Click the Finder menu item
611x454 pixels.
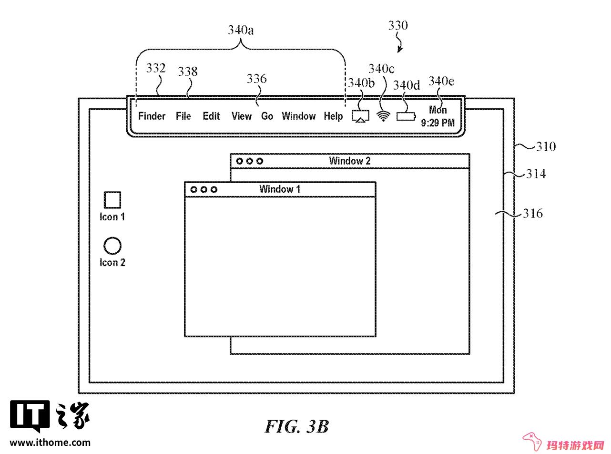tap(152, 116)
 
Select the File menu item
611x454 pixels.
tap(183, 116)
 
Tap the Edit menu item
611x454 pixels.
tap(211, 116)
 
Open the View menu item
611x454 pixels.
tap(241, 116)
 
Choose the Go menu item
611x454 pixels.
tap(267, 116)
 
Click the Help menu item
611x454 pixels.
tap(333, 116)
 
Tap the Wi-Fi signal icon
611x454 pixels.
tap(383, 116)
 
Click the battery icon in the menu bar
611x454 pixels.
tap(406, 116)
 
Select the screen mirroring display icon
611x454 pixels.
tap(360, 116)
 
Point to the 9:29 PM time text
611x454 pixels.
tap(438, 123)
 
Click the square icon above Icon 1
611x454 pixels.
tap(112, 200)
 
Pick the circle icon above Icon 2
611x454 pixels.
tap(112, 245)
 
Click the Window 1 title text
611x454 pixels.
tap(280, 189)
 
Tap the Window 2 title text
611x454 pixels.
tap(350, 161)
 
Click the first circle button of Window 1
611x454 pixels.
tap(194, 190)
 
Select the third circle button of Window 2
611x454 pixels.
tap(259, 161)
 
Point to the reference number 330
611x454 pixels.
tap(398, 25)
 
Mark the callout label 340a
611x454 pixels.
tap(241, 30)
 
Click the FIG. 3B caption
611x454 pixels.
tap(297, 427)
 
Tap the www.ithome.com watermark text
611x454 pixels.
tap(50, 443)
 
